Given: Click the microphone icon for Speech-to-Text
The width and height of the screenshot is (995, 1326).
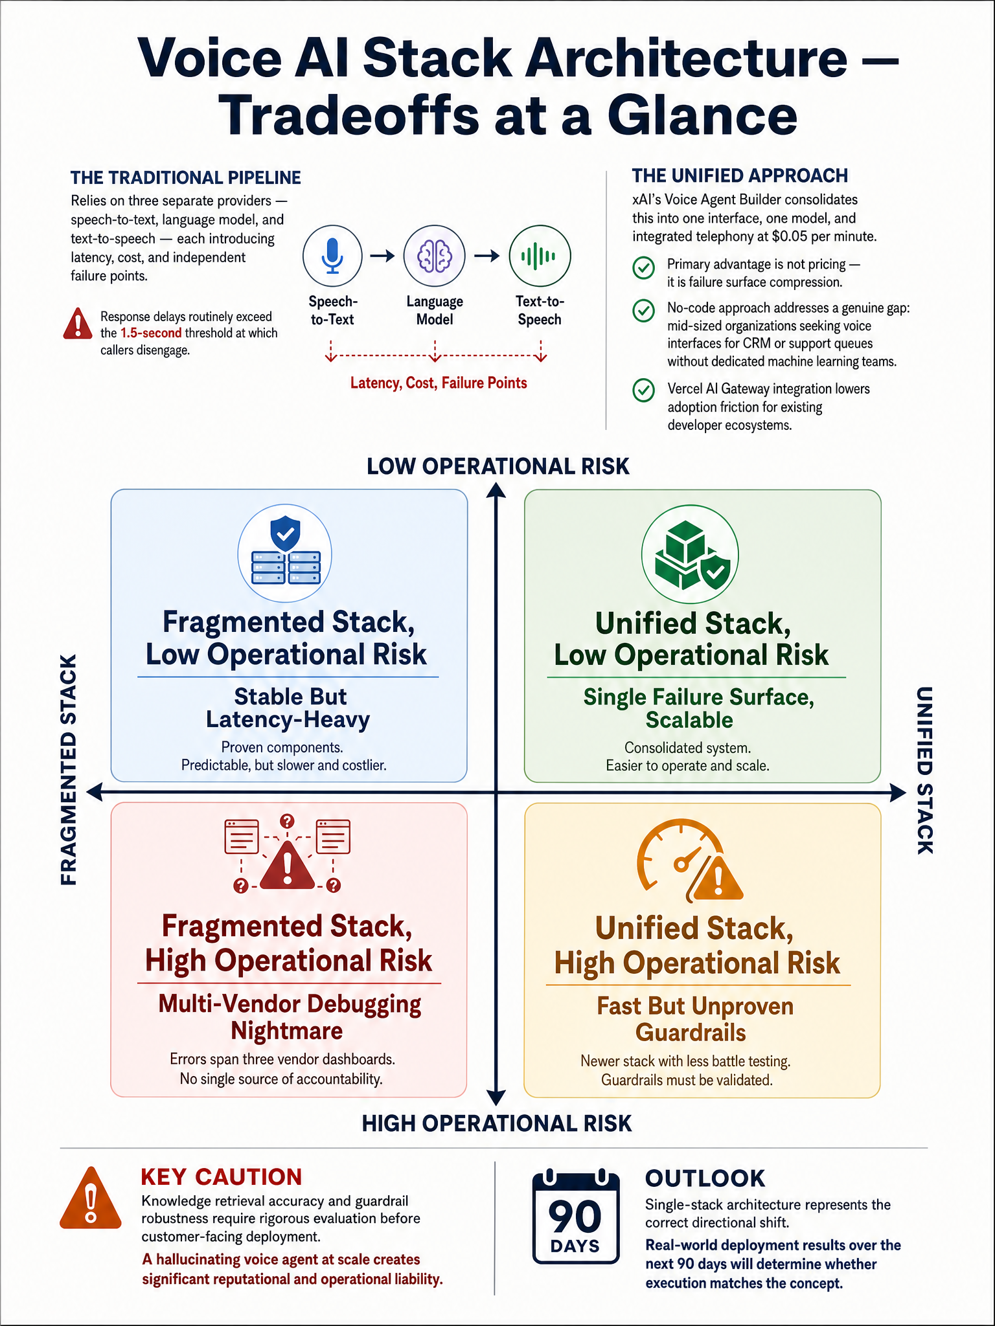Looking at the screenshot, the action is coord(332,256).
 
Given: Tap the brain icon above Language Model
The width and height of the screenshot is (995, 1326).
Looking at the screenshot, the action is coord(434,256).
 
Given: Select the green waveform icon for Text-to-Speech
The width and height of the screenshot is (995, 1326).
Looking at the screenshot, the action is coord(540,256).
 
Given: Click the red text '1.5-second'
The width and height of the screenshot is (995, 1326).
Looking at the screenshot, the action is coord(151,333).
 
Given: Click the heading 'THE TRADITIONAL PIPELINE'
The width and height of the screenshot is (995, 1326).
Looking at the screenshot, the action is coord(186,178).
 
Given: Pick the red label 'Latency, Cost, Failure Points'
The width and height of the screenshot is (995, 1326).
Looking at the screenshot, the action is coord(439,383).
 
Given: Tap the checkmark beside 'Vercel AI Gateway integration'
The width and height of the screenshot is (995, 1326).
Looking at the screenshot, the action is coord(643,390).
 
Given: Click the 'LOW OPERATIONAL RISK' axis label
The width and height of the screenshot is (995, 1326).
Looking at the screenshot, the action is coord(498,466).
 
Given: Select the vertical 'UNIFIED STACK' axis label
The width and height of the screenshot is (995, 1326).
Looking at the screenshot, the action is coord(924,770).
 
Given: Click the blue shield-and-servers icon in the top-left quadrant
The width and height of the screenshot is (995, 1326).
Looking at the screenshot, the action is coord(285,552).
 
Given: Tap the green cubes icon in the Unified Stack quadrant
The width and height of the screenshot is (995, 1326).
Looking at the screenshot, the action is coord(689,554).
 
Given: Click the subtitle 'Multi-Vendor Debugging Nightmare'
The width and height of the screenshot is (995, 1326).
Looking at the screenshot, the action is coord(289,1017).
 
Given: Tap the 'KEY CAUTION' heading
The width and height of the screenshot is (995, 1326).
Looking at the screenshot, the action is coord(222,1176).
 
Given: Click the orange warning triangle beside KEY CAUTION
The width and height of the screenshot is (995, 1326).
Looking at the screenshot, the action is coord(91,1198).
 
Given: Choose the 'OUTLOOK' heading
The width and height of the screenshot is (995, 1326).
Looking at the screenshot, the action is coord(705,1178).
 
